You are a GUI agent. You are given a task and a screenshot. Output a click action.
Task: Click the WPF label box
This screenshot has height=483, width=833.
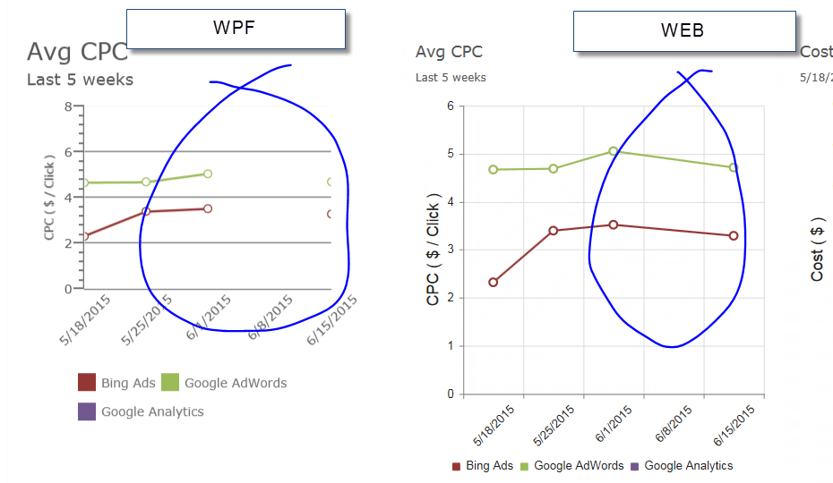[x=236, y=29]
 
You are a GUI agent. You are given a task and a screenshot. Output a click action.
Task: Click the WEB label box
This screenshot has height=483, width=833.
[x=683, y=30]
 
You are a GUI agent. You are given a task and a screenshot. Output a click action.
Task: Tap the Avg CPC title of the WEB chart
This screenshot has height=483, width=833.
[x=449, y=52]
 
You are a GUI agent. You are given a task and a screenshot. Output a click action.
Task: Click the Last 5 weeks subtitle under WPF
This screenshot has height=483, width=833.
[x=80, y=80]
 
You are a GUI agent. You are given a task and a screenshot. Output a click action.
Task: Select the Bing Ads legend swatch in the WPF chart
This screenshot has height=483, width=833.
[x=87, y=383]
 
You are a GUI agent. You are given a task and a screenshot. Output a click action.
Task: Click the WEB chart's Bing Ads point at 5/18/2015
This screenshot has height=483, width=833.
[x=493, y=282]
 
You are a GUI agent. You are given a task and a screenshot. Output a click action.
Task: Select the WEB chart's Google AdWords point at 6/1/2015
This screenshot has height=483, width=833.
[x=614, y=151]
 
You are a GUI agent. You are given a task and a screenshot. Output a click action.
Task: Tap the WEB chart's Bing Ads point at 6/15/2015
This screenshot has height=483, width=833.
[x=734, y=235]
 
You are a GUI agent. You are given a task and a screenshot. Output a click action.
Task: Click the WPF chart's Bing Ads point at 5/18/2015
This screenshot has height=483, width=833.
[x=84, y=235]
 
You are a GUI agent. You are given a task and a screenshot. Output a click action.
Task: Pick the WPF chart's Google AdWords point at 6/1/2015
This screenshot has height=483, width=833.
[x=208, y=174]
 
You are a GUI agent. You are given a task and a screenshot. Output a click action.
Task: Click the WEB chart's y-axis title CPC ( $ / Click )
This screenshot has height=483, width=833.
[x=434, y=249]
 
